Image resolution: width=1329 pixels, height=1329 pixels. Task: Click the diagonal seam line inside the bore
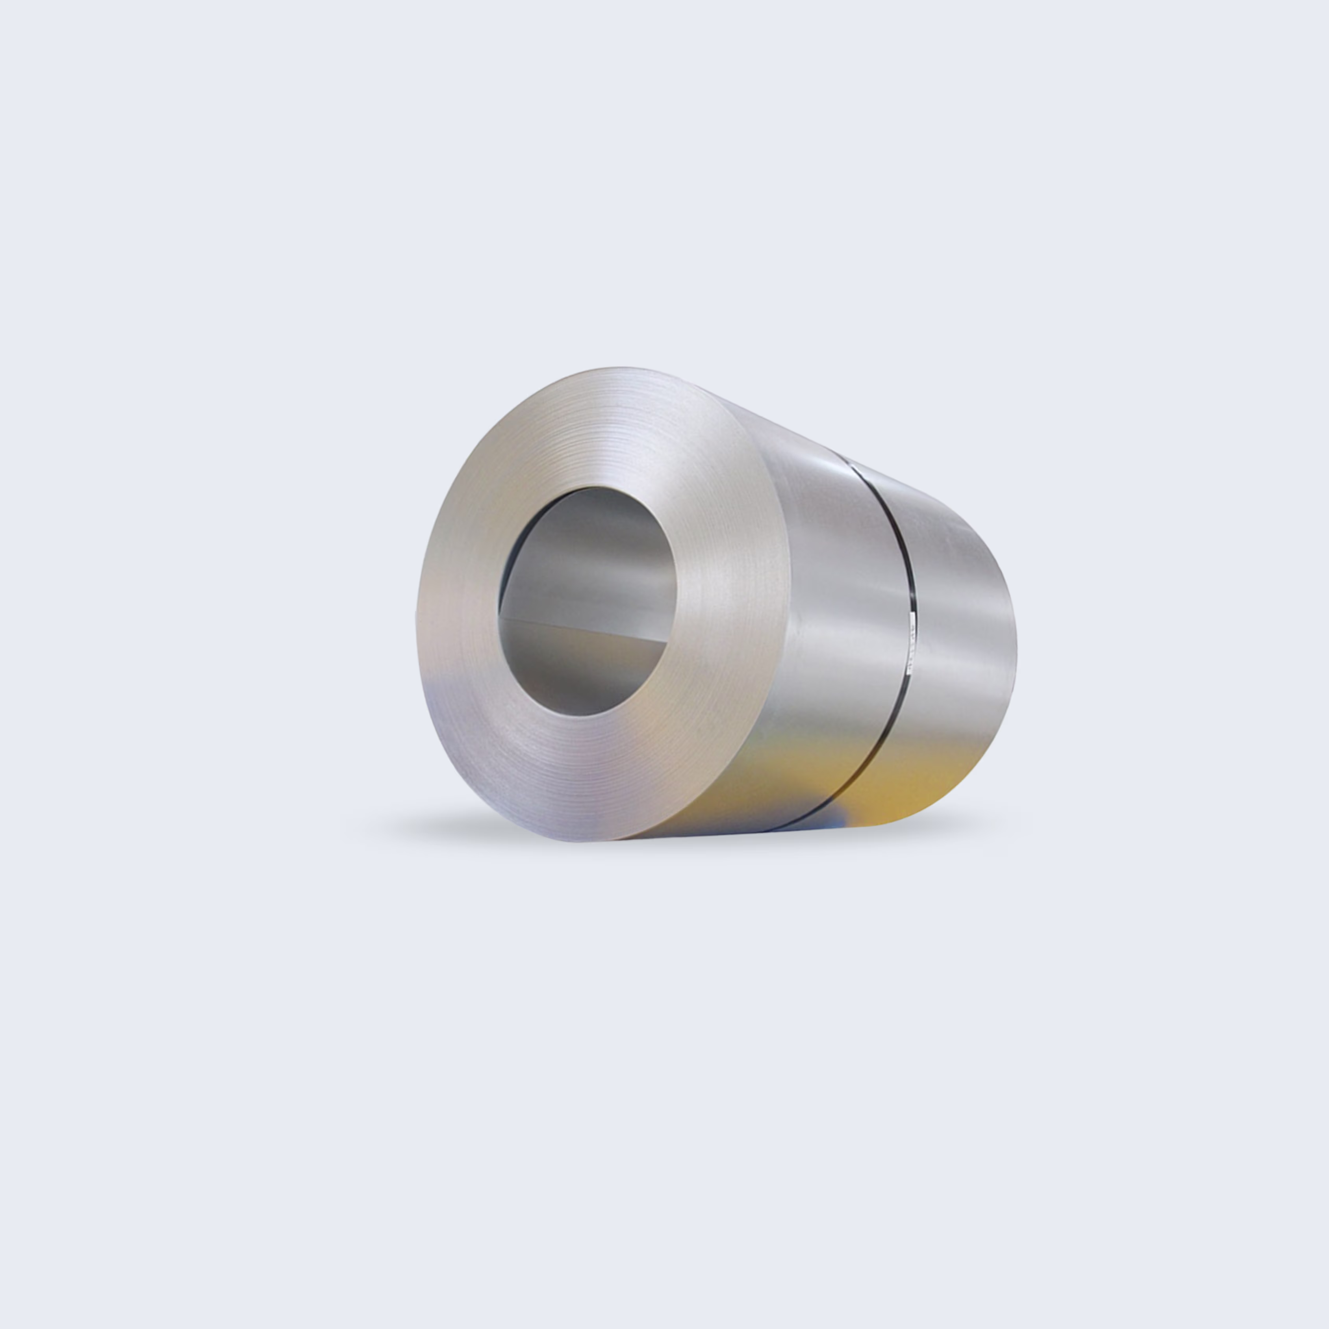pos(585,629)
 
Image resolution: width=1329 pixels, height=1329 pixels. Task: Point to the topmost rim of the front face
pos(619,369)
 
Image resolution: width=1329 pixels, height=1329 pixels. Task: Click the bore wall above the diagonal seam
pos(591,564)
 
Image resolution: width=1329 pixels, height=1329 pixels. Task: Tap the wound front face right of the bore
pos(729,605)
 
